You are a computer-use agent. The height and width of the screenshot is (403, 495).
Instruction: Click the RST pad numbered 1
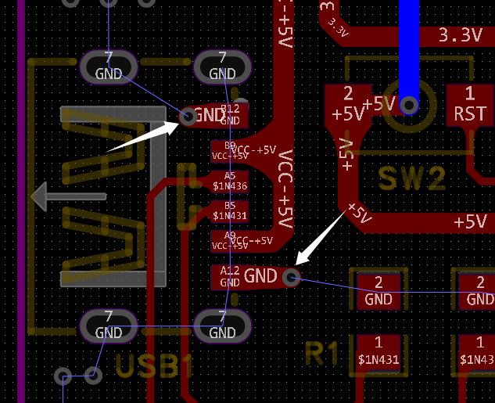tap(470, 104)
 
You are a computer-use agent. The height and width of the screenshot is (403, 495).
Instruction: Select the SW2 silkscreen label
tap(412, 178)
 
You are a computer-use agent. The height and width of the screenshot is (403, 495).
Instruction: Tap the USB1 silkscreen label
tap(154, 365)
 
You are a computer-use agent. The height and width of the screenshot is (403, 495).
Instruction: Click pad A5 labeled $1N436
tap(229, 182)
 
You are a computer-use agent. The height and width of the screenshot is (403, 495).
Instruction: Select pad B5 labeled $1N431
tap(229, 211)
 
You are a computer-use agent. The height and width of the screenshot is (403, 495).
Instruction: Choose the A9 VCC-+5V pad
tap(229, 241)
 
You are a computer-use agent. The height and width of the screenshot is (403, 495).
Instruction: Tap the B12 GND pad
tap(230, 116)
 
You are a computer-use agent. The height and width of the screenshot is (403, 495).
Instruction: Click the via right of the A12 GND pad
tap(292, 276)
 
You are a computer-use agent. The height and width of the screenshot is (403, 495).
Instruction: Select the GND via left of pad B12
tap(188, 117)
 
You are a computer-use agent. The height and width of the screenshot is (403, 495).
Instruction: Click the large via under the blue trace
tap(408, 105)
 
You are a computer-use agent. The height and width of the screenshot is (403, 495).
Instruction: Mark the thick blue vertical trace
tap(408, 47)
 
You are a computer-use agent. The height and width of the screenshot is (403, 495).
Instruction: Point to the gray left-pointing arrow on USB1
tap(66, 196)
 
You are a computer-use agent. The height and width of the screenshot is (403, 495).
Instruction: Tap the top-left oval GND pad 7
tap(108, 67)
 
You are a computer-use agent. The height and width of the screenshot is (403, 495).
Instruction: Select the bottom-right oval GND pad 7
tap(222, 326)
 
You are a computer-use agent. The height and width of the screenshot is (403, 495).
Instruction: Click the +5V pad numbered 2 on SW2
tap(347, 104)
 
